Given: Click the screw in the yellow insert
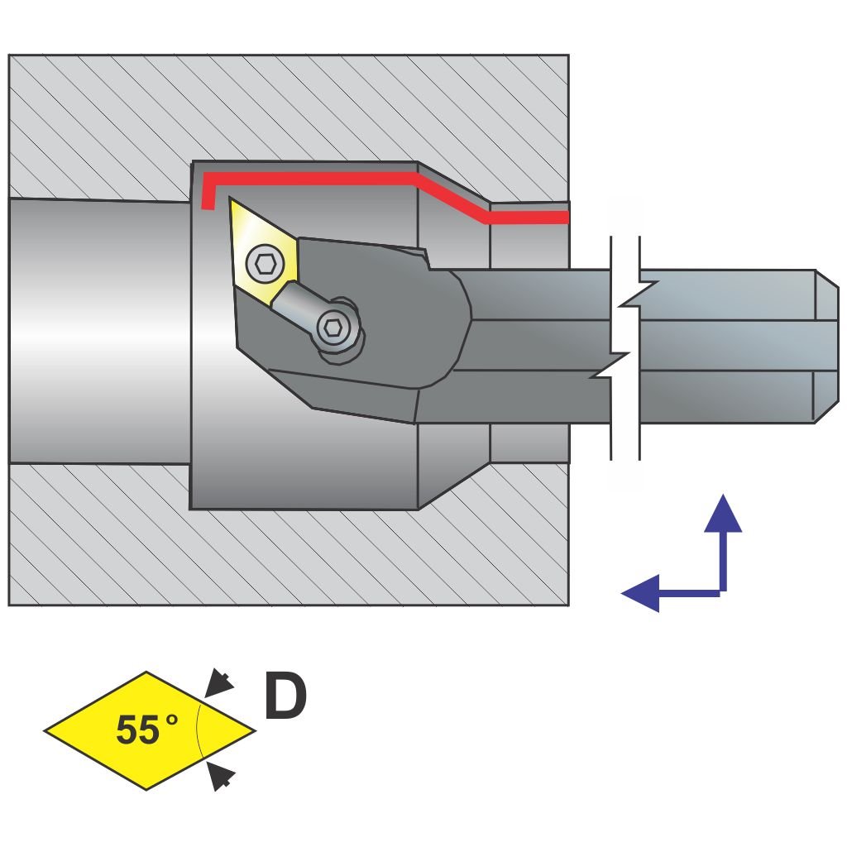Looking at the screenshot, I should tap(265, 264).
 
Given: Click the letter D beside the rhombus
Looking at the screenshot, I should tap(285, 696).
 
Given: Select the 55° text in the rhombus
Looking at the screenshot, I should tap(146, 730).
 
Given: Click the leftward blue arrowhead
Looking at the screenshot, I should tap(640, 592).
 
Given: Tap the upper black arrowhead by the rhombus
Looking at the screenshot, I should tap(218, 683).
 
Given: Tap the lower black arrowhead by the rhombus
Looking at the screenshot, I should tap(218, 776).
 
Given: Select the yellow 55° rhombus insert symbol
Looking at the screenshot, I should tap(149, 730).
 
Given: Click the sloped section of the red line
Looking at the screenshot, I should tap(452, 198).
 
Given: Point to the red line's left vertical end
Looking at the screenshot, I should tap(208, 192).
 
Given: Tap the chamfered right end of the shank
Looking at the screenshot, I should tap(826, 346).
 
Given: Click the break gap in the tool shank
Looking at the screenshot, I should tap(624, 347).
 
